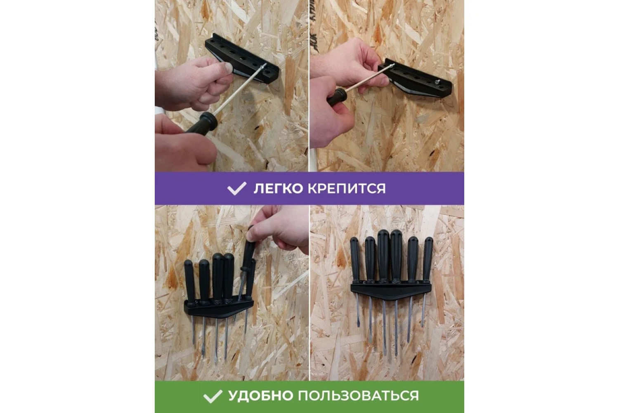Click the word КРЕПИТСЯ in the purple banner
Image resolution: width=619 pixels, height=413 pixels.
point(347,189)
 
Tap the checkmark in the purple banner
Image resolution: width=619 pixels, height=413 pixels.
point(236,188)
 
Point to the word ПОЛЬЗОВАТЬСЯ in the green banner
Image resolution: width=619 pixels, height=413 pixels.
point(358,396)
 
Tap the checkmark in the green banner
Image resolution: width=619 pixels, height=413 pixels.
point(213,396)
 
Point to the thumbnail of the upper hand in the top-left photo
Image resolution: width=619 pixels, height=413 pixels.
point(227,68)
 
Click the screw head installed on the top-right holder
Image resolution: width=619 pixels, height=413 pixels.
point(437,82)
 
